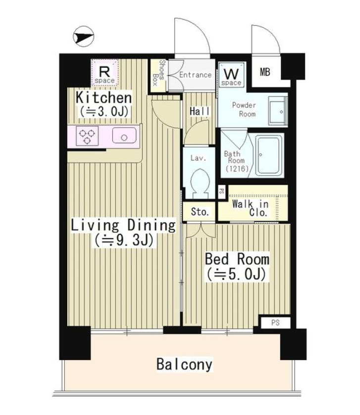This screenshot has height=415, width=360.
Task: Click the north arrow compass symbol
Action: (x=84, y=37)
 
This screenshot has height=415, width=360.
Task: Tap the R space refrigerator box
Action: (x=104, y=73)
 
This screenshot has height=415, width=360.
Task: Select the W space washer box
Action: (x=232, y=75)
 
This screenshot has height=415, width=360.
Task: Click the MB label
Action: (x=264, y=72)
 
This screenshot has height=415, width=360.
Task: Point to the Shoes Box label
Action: (x=159, y=73)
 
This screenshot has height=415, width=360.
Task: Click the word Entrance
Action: (x=196, y=75)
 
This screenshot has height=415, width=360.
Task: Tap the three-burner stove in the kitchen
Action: (x=87, y=136)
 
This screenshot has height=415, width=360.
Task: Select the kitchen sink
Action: (x=124, y=136)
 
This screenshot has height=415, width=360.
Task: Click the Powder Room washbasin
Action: (x=277, y=111)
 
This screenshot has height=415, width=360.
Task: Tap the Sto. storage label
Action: (x=200, y=212)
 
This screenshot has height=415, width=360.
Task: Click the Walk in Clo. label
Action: (x=251, y=208)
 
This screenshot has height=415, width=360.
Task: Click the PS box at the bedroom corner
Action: (x=275, y=323)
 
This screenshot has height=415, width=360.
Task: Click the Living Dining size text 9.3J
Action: (x=124, y=240)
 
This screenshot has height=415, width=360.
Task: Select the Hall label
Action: (x=200, y=111)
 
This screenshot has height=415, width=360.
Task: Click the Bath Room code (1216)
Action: (x=237, y=168)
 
